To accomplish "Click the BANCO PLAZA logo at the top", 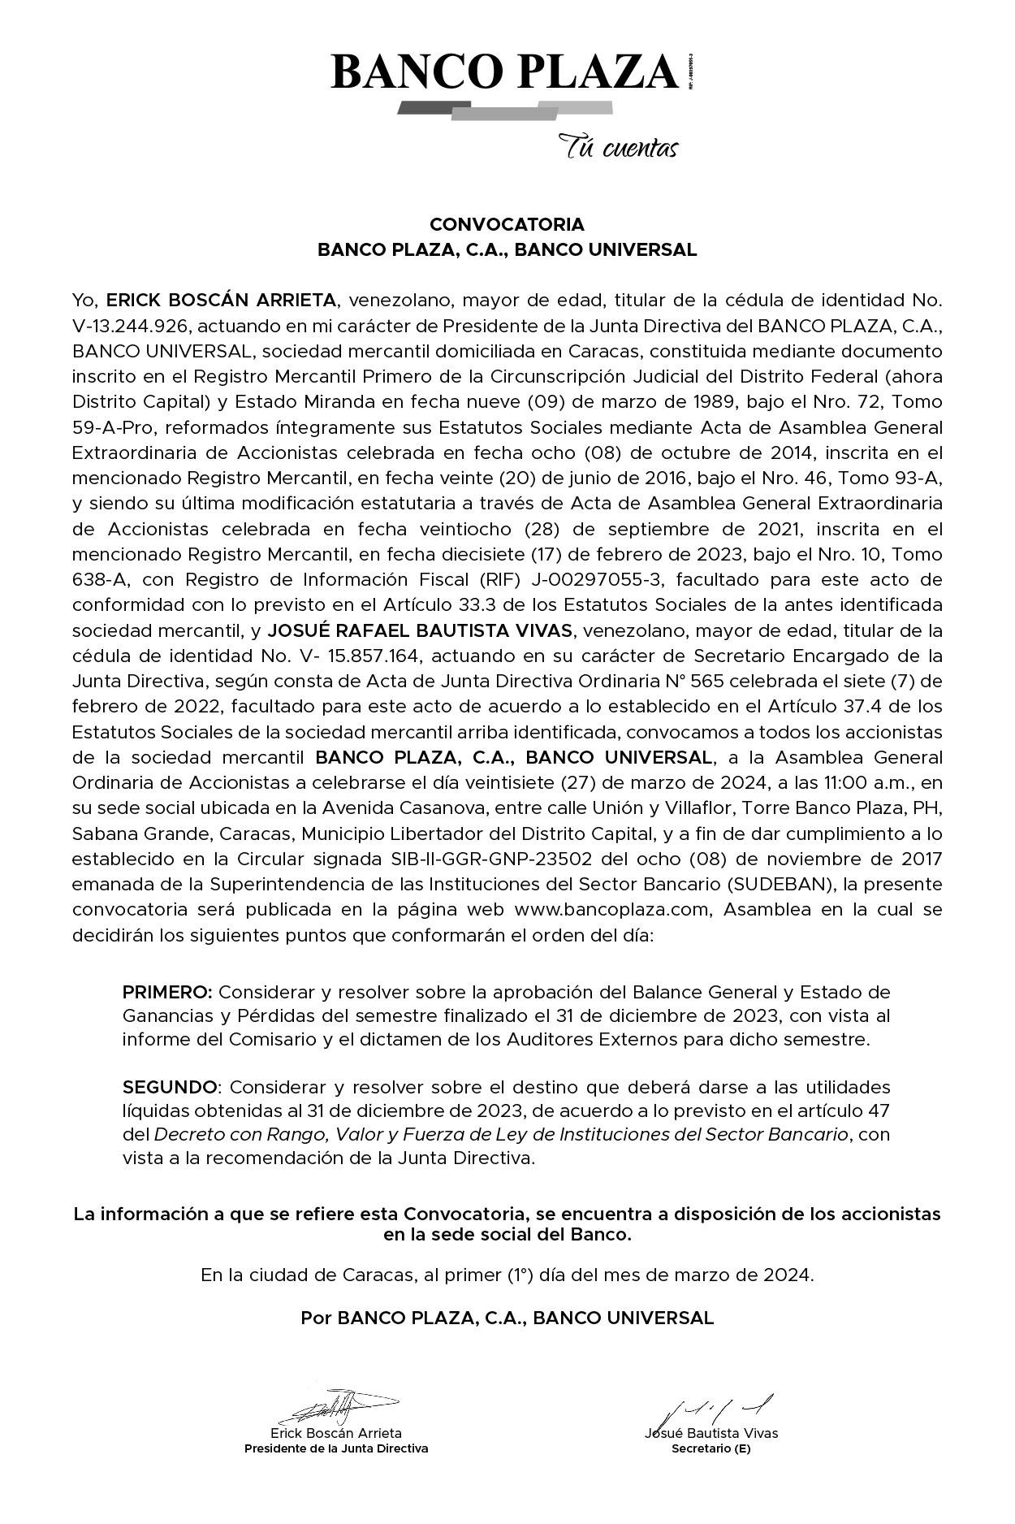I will tap(505, 73).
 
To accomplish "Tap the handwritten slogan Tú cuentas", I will tap(618, 149).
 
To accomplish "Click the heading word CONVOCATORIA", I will tap(507, 224).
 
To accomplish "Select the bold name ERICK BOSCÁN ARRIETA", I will tap(221, 301).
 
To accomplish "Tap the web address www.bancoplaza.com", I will tap(612, 910).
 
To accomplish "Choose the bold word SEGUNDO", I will tap(170, 1087).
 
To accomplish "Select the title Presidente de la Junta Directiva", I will tap(336, 1448).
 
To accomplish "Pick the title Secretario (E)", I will tap(710, 1448).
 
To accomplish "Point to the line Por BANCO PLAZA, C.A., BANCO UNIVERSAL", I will tap(507, 1318).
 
